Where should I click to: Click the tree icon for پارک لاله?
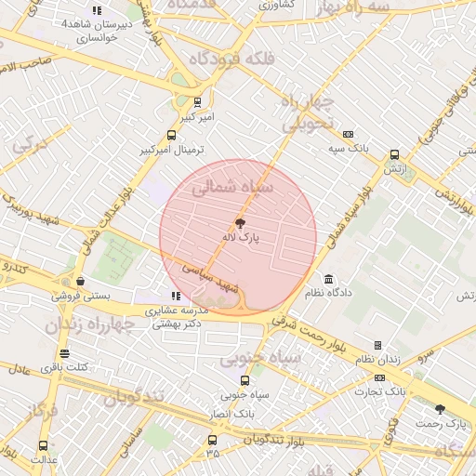click(x=241, y=223)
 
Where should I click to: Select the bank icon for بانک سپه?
click(x=349, y=134)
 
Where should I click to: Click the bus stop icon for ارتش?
click(x=394, y=155)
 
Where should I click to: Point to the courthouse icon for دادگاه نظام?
click(x=329, y=279)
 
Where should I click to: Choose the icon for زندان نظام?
click(x=377, y=345)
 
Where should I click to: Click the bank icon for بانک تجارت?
click(x=379, y=377)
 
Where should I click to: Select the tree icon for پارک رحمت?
click(x=440, y=409)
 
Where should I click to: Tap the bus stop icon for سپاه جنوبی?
click(x=245, y=380)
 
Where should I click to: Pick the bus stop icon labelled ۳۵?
click(x=212, y=440)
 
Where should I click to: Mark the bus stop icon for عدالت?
click(x=43, y=445)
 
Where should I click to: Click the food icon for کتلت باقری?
click(x=64, y=353)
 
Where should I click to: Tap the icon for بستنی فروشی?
click(x=81, y=282)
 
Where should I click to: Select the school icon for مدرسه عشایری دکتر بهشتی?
click(x=177, y=296)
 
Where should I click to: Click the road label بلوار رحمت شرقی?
click(x=311, y=331)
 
